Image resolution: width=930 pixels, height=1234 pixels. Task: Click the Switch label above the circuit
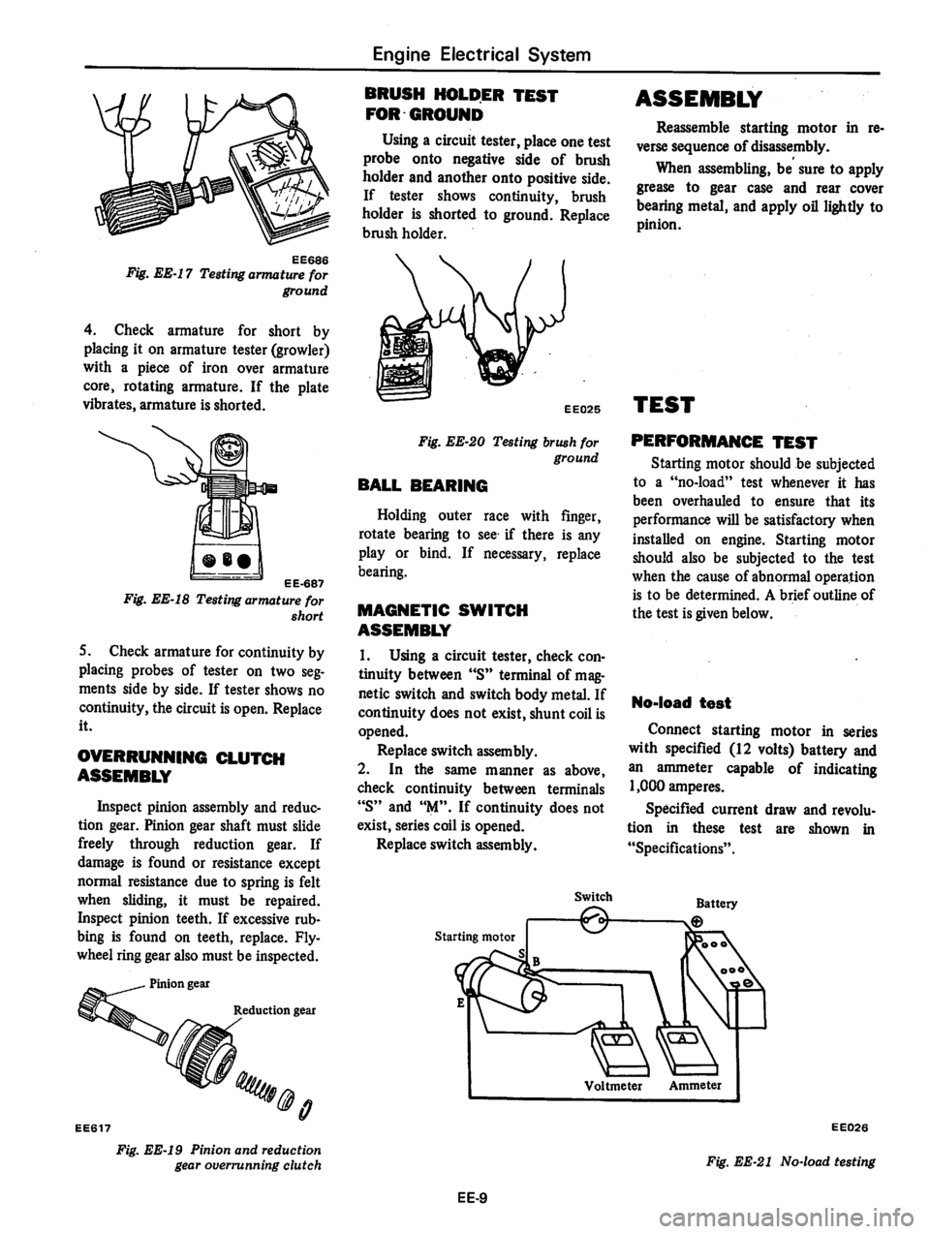(x=593, y=897)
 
